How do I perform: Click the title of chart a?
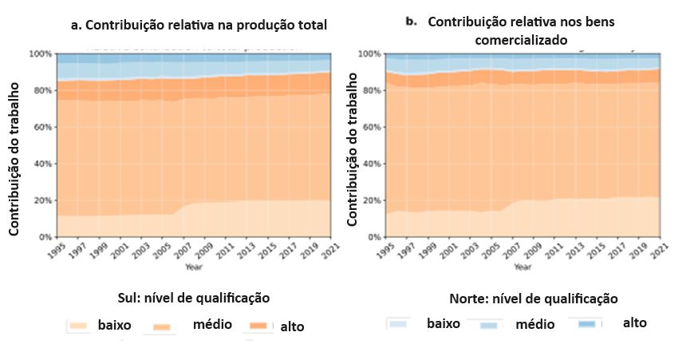point(199,25)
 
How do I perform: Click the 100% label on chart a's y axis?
point(41,54)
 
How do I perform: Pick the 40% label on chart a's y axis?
point(43,164)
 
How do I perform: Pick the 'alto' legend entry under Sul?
point(291,326)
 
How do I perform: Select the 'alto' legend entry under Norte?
point(634,322)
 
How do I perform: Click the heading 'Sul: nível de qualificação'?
point(194,298)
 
